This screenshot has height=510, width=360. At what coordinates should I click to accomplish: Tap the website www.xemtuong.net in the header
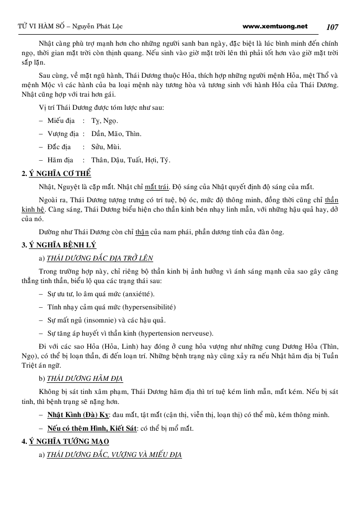point(276,26)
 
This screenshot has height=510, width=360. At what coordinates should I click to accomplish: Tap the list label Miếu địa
point(61,120)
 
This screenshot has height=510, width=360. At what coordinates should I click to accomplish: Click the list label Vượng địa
point(63,133)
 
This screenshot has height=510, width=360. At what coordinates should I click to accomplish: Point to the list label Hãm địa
point(60,160)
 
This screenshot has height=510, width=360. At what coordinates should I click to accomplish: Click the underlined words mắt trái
point(157,187)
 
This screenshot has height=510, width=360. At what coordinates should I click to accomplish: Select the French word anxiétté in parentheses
point(137,294)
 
